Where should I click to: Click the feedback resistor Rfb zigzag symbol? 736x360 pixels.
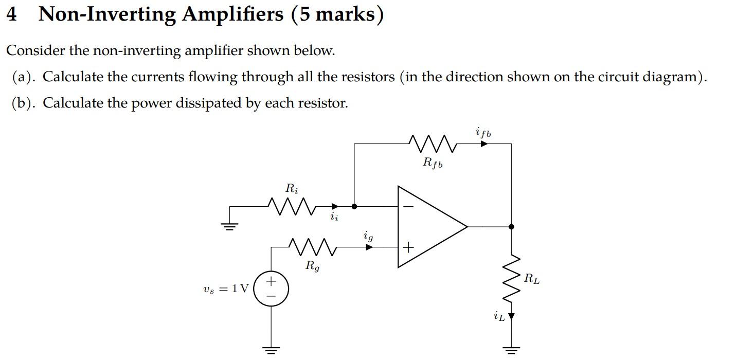(x=432, y=144)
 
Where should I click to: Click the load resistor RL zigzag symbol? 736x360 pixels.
(x=511, y=280)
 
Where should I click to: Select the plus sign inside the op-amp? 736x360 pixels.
(x=408, y=247)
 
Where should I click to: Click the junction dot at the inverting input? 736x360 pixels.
(x=354, y=206)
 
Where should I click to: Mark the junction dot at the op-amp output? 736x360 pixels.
(x=511, y=226)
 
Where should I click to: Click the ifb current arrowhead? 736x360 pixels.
(x=483, y=144)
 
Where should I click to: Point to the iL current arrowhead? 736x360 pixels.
(x=511, y=316)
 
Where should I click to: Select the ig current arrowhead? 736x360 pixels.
(x=369, y=247)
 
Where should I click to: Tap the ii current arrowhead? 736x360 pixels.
(x=335, y=206)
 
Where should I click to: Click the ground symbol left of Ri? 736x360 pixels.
(x=230, y=225)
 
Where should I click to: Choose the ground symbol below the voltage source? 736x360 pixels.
(x=271, y=351)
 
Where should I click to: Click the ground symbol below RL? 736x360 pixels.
(x=511, y=351)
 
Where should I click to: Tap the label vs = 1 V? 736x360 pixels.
(x=226, y=289)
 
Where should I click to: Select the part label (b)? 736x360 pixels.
(x=24, y=103)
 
